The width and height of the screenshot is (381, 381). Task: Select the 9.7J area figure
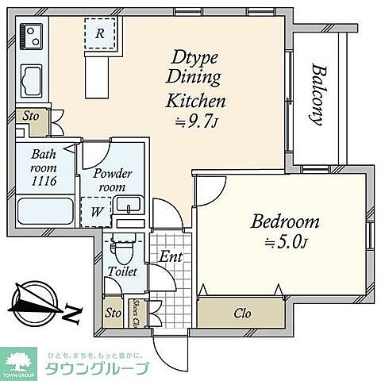coord(195,122)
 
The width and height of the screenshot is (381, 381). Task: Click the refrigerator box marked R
coord(101,34)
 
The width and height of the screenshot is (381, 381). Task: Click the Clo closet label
coord(243,313)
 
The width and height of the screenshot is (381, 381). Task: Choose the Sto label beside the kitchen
coord(30,115)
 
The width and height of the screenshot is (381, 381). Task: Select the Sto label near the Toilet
coord(114,314)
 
